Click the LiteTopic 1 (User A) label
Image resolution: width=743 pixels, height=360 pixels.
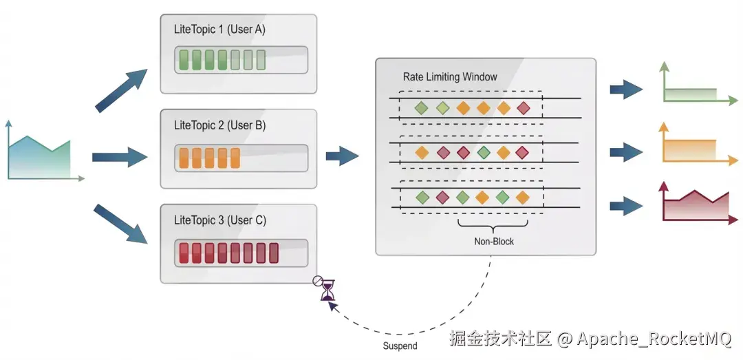click(220, 30)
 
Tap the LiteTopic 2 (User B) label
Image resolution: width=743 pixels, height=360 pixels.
click(220, 125)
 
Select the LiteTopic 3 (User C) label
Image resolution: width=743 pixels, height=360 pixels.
click(220, 220)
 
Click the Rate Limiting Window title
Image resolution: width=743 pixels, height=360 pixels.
click(450, 77)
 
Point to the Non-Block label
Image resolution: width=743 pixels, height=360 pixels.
click(494, 242)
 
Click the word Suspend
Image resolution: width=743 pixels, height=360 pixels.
click(400, 346)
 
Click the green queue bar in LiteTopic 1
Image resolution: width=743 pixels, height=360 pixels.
click(241, 60)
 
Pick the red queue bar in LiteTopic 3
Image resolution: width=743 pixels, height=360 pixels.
click(241, 253)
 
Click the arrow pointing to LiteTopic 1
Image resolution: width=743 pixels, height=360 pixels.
click(121, 91)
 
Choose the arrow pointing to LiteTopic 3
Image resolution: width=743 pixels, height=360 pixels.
click(121, 224)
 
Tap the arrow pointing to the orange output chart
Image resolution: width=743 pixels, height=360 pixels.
click(626, 152)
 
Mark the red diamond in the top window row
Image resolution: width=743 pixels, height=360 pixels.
click(523, 108)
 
